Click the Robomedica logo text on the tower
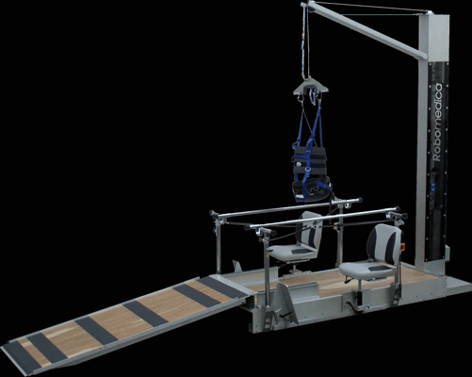pos(438,123)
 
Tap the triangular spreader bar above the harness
pos(311,88)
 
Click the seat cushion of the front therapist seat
pos(368,270)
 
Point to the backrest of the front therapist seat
pos(383,243)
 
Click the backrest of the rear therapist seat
pos(309,229)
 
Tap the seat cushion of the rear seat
pos(292,252)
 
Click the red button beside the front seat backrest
pos(402,247)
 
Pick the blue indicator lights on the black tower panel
pos(432,187)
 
